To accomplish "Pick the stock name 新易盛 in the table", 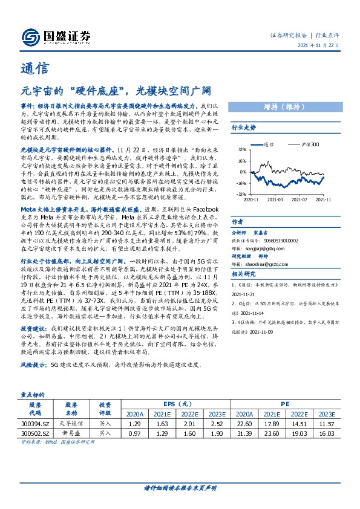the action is pos(71,433).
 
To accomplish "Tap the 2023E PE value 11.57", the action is pos(327,425).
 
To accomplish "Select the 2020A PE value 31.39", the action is pos(244,433).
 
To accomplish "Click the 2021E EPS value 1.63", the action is pos(162,425).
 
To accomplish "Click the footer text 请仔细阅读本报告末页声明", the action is pos(180,488).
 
